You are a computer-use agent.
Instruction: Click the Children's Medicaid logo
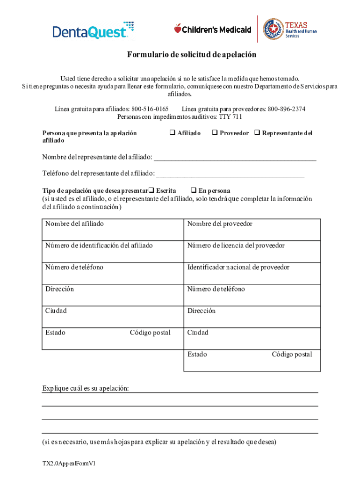coord(213,29)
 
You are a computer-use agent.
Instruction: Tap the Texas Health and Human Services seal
coord(273,29)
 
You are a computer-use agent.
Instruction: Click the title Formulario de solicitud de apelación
coord(192,55)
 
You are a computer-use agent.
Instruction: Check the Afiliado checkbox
coord(172,133)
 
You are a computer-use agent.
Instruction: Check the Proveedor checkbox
coord(215,133)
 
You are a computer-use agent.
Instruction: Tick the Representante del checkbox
coord(257,133)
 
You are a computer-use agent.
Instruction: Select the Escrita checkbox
coord(151,191)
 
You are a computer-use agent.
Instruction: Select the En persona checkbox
coord(193,191)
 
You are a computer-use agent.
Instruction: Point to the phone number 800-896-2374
coord(286,109)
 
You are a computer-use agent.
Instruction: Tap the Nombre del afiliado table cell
coord(112,229)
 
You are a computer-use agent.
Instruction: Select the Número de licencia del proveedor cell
coord(252,251)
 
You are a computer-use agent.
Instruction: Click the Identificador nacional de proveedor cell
coord(252,273)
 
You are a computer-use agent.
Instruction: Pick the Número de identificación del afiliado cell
coord(112,251)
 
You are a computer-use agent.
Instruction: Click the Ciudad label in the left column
coord(56,311)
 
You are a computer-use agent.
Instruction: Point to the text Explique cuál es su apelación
coord(86,389)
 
